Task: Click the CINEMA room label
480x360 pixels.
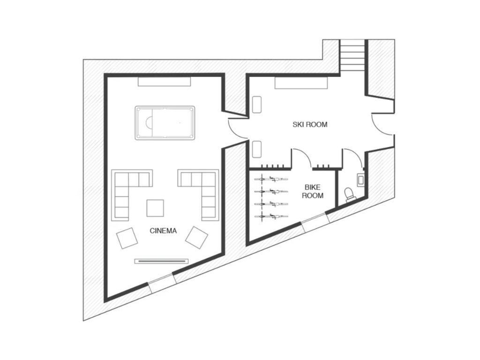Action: tap(163, 231)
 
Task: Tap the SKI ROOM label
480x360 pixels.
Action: tap(310, 125)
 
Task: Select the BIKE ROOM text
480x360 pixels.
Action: tap(312, 191)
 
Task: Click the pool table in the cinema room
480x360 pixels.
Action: tap(164, 123)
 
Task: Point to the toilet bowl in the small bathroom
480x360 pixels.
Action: tap(349, 194)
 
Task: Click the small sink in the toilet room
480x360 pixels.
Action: tap(360, 179)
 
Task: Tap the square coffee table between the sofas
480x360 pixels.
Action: tap(155, 208)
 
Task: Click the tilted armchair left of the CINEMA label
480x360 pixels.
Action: tap(127, 238)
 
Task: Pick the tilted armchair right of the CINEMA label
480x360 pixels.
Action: tap(197, 237)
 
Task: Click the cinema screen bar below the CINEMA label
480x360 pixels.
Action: tap(162, 261)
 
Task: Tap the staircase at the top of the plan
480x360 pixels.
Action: tap(352, 55)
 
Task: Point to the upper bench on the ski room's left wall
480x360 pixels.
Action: tap(256, 104)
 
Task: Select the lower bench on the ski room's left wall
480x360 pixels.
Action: tap(256, 150)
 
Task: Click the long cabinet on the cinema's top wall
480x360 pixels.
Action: tap(164, 82)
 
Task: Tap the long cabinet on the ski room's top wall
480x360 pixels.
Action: tap(300, 83)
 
